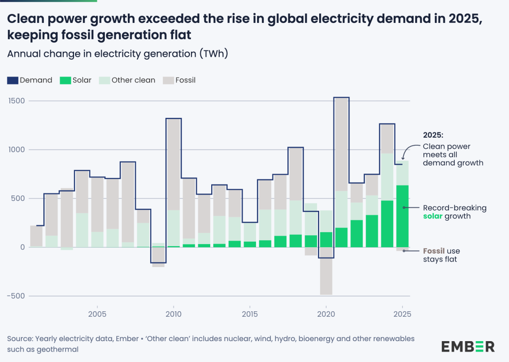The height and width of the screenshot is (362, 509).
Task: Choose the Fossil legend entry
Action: [x=179, y=80]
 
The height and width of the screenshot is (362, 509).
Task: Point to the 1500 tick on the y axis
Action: [x=16, y=101]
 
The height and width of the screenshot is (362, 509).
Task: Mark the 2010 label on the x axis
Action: [x=173, y=314]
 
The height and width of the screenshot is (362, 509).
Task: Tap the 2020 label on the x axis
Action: [x=326, y=314]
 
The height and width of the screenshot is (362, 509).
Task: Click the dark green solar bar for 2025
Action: [x=403, y=216]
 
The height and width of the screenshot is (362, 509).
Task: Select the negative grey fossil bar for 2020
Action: [x=326, y=271]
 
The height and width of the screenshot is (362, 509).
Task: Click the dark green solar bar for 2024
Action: [x=387, y=224]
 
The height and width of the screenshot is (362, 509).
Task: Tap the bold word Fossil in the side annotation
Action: [x=433, y=251]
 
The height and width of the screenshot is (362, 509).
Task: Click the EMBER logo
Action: [x=467, y=346]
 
